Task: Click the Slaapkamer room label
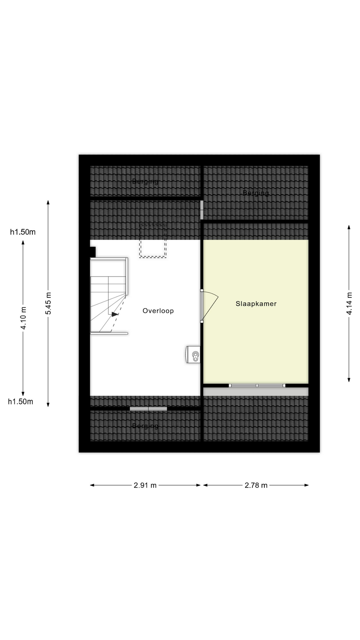click(x=256, y=304)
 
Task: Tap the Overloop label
click(x=158, y=311)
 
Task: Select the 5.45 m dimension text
click(x=49, y=303)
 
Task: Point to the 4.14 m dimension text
click(x=349, y=303)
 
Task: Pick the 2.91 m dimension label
click(x=145, y=485)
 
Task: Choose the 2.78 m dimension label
click(x=256, y=485)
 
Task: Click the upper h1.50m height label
click(x=23, y=232)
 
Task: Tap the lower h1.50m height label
click(x=21, y=402)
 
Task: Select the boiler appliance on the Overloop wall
click(x=193, y=354)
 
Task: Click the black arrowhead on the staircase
click(x=115, y=314)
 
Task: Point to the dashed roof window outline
click(x=153, y=241)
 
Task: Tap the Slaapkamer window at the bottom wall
click(x=257, y=386)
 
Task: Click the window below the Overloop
click(x=148, y=409)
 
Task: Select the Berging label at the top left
click(x=145, y=181)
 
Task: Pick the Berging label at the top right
click(x=256, y=193)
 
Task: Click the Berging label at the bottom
click(x=145, y=426)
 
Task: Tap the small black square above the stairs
click(x=93, y=252)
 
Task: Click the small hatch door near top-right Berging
click(x=202, y=210)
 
